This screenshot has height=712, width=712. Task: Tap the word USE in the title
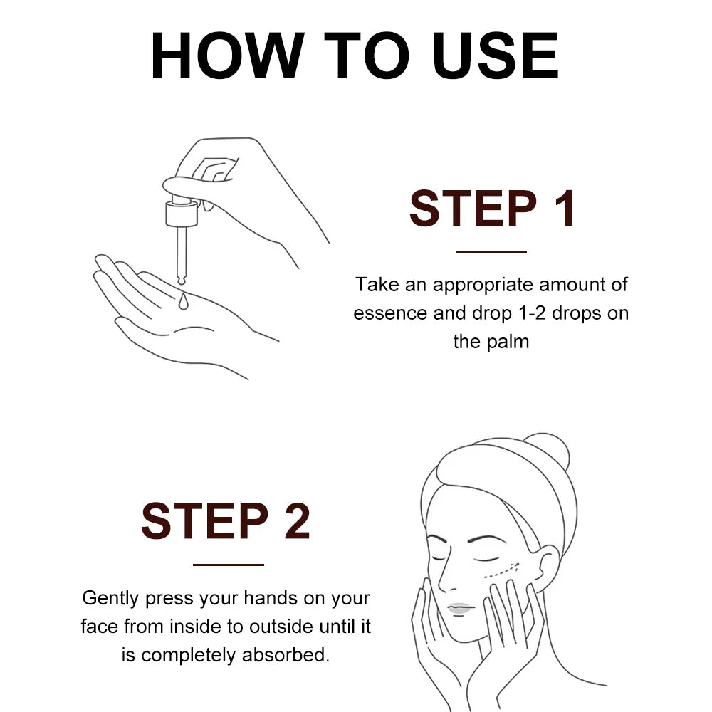coord(496,56)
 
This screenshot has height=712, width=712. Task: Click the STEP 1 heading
coord(492,209)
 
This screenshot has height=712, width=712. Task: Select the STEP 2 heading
coord(226,521)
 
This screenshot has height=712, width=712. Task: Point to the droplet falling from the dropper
coord(184,301)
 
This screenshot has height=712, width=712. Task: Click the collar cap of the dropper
coord(182,214)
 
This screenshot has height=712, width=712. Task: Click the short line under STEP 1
coord(491,251)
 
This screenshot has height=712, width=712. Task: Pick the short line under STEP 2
coord(229,565)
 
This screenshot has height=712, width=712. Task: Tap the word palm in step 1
coord(508,342)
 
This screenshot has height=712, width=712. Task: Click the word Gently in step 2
coord(110,599)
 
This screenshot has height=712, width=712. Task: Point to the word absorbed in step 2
coord(286,655)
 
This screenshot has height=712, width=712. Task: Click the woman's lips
coord(459,608)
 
